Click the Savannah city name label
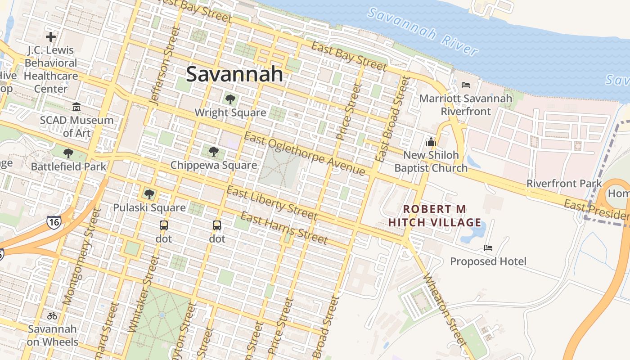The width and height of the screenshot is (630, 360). tap(234, 74)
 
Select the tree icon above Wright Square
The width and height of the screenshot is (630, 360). tap(230, 99)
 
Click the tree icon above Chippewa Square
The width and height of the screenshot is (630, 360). tap(214, 152)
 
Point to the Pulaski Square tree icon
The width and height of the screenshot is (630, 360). tap(149, 194)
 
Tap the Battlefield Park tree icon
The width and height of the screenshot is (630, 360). tap(68, 153)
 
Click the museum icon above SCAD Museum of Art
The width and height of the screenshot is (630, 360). tap(76, 107)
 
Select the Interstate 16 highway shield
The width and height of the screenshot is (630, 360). tap(54, 221)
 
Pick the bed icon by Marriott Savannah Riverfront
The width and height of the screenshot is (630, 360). tap(466, 85)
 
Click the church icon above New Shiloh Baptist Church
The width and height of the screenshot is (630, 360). tap(431, 142)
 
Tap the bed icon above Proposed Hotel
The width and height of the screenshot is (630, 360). tap(488, 248)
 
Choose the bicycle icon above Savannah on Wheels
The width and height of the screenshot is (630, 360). tap(52, 316)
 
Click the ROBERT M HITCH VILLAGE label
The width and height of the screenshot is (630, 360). tap(435, 216)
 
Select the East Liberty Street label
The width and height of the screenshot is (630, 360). tap(272, 204)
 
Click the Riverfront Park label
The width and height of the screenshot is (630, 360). tap(564, 184)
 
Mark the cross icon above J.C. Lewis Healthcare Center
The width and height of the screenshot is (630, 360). tap(51, 37)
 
